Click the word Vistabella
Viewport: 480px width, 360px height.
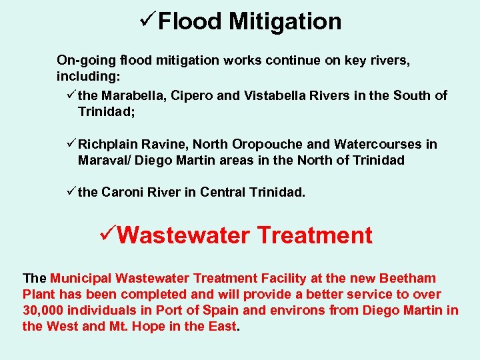pyautogui.click(x=275, y=95)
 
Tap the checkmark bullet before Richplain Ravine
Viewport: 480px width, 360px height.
pyautogui.click(x=71, y=144)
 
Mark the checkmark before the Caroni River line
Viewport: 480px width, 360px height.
pyautogui.click(x=71, y=193)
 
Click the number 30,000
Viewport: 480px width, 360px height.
pyautogui.click(x=43, y=310)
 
